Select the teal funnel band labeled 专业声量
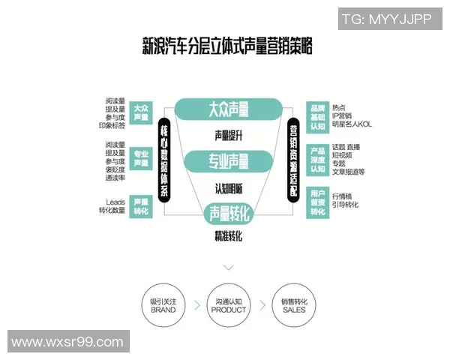(228, 160)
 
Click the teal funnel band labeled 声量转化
(229, 214)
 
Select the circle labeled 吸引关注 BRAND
(163, 305)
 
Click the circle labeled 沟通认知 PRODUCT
(229, 305)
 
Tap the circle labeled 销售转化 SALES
(294, 305)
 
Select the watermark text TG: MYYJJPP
(386, 19)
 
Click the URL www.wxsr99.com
(67, 342)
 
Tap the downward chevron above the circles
(229, 267)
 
